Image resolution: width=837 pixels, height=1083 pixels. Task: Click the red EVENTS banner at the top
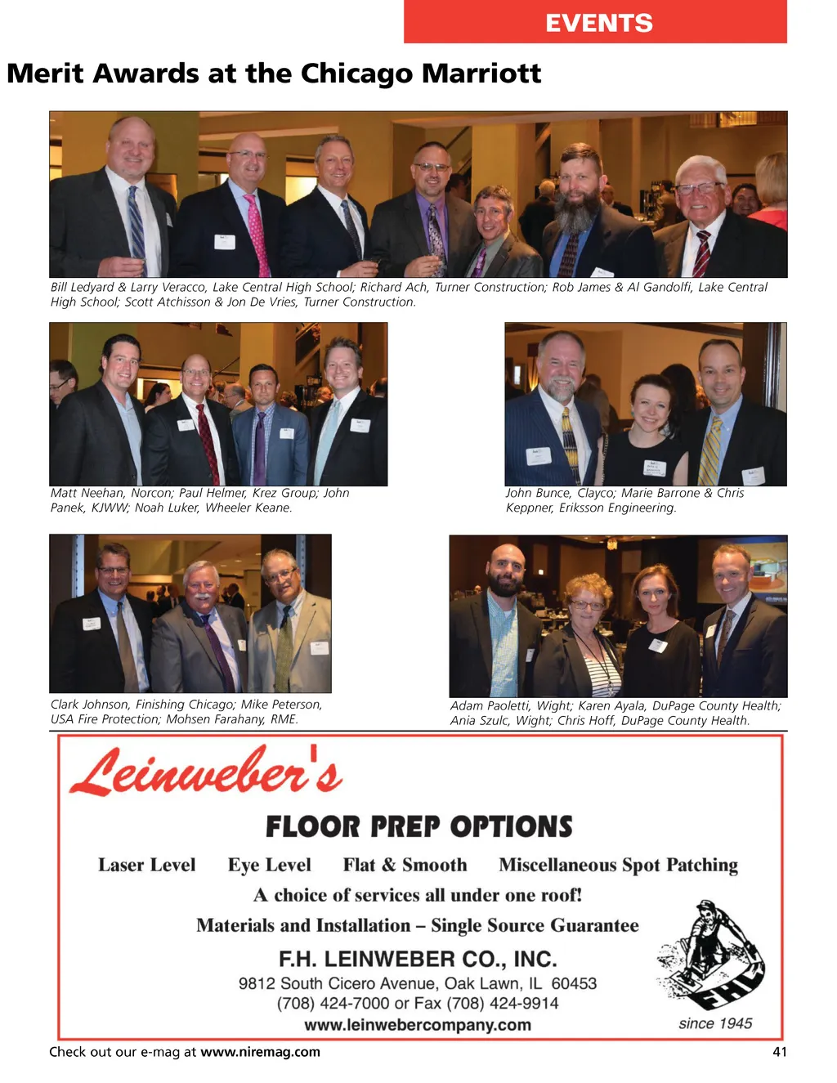[x=595, y=22]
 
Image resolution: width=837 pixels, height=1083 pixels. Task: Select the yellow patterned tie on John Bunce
[x=571, y=441]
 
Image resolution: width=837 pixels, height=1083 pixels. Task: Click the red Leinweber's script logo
[x=206, y=772]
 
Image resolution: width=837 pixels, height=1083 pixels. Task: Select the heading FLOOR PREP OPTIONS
[x=418, y=827]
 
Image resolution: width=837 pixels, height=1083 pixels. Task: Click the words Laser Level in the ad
[x=147, y=865]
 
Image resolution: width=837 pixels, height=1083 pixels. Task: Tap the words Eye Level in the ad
[x=269, y=865]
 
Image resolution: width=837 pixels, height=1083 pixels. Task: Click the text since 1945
[x=714, y=1023]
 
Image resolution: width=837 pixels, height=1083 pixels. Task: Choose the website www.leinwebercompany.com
[x=417, y=1025]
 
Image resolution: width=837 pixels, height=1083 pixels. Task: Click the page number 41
[x=779, y=1052]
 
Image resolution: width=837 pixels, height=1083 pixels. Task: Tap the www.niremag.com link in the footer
[x=260, y=1052]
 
